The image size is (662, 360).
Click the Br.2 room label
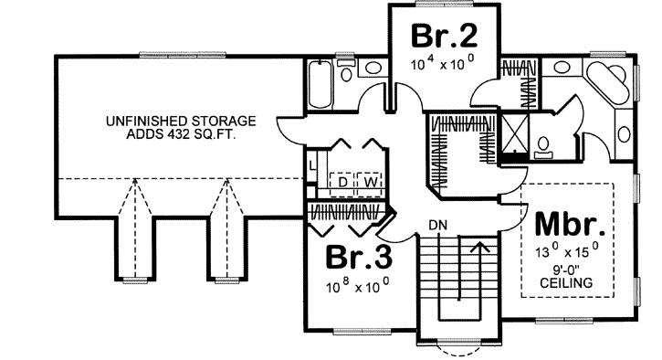(x=443, y=36)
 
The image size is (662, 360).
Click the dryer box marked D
(x=343, y=181)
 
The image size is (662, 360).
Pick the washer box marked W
(x=371, y=181)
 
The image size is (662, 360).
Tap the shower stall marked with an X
(x=515, y=135)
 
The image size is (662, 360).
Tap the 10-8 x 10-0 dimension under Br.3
(x=359, y=285)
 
